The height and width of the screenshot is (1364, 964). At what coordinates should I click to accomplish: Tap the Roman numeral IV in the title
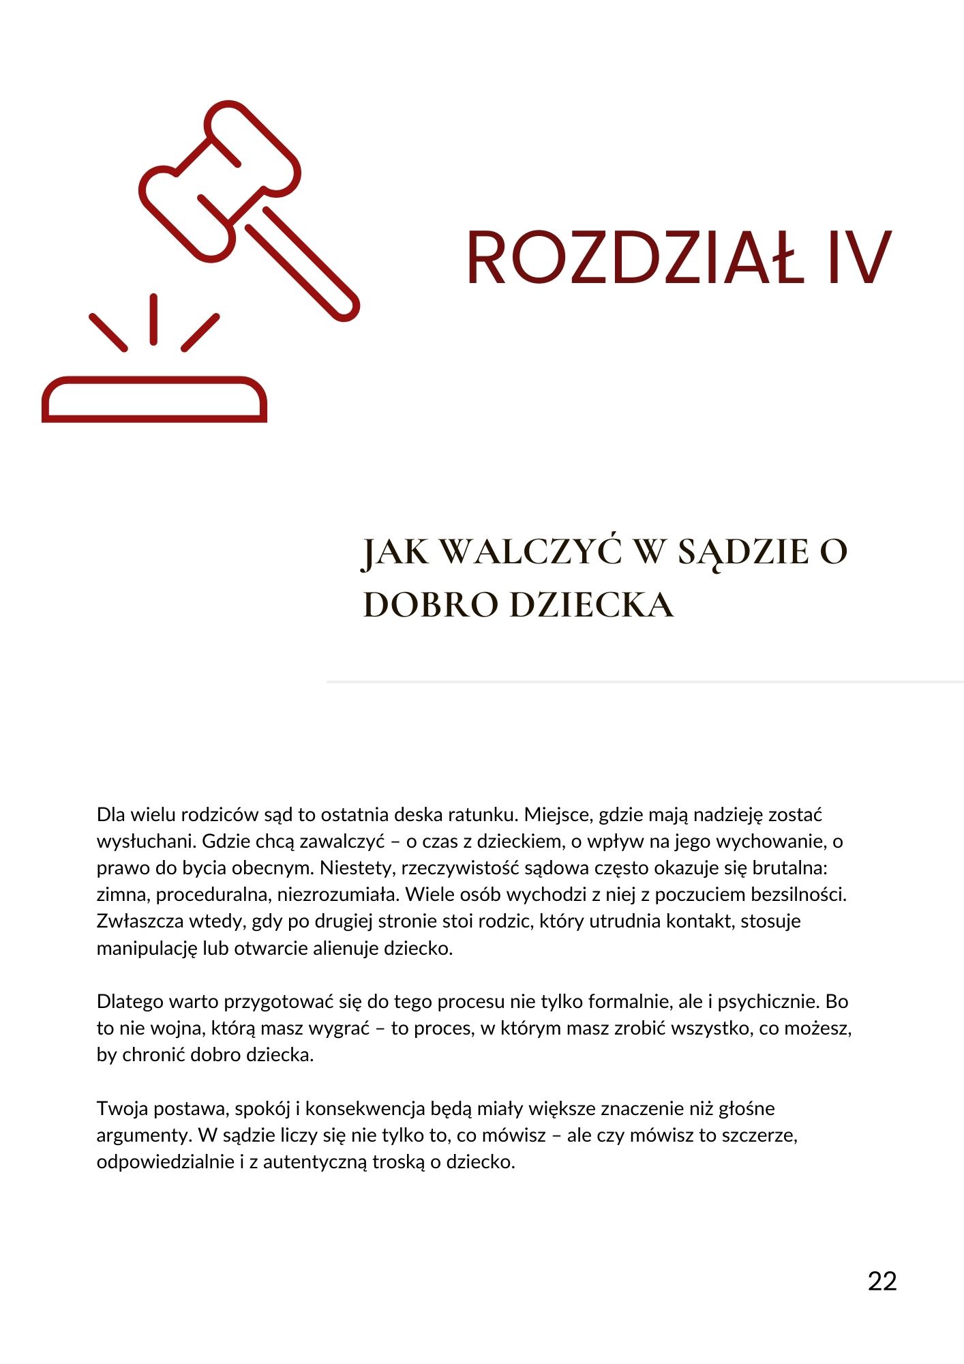point(859,258)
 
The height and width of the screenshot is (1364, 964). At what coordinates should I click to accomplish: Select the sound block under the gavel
point(154,400)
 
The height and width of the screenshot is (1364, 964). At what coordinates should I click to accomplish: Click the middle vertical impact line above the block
point(154,319)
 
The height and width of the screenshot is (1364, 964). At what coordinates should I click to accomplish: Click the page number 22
point(882,1281)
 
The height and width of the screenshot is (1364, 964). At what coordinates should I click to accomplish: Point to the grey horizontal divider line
point(644,681)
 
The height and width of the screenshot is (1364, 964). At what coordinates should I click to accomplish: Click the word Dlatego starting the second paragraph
point(130,1001)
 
